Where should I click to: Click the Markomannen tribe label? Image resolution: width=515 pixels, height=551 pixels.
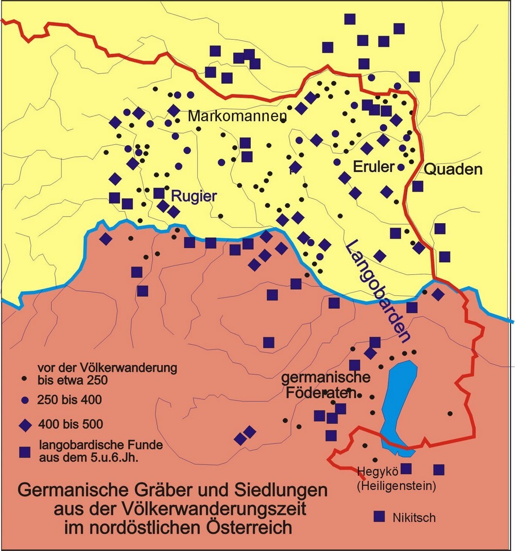236,116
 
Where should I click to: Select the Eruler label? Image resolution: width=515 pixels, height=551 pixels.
373,167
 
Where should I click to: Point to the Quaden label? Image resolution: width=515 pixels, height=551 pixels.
453,169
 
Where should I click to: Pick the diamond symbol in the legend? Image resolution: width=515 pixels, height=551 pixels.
24,425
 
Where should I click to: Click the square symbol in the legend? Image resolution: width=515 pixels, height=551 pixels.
24,452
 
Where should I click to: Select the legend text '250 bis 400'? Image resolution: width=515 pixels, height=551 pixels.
70,399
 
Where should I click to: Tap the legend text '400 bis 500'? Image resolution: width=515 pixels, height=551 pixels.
71,425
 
